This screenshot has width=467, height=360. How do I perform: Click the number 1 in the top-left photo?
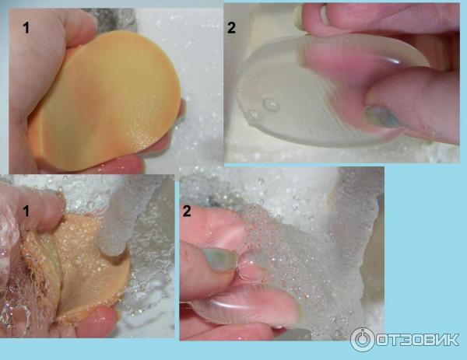pyautogui.click(x=26, y=28)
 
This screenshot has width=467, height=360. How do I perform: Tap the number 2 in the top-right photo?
pyautogui.click(x=231, y=28)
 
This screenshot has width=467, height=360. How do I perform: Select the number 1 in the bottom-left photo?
pyautogui.click(x=26, y=211)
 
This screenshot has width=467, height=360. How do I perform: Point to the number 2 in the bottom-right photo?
pyautogui.click(x=187, y=211)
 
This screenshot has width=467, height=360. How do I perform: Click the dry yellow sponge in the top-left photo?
pyautogui.click(x=104, y=101)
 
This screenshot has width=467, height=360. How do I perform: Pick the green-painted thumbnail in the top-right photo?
pyautogui.click(x=382, y=116)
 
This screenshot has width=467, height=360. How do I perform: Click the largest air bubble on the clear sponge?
pyautogui.click(x=271, y=104)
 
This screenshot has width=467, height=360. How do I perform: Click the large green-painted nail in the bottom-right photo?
pyautogui.click(x=219, y=259)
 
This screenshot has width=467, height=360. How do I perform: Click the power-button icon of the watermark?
pyautogui.click(x=362, y=340)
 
